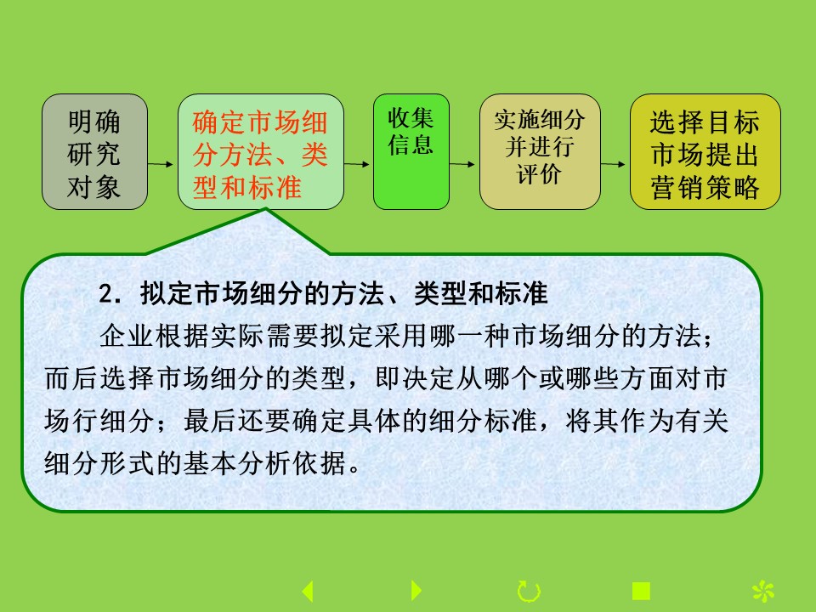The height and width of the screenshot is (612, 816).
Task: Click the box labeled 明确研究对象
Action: click(94, 151)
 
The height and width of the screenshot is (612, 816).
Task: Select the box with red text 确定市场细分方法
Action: click(261, 151)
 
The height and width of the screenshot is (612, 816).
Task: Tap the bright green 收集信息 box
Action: click(411, 151)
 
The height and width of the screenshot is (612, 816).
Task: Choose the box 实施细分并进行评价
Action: click(540, 151)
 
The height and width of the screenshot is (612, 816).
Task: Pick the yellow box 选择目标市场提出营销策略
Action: click(705, 151)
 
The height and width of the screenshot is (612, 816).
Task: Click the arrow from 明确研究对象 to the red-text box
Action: click(161, 164)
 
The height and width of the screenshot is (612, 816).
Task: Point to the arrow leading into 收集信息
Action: click(357, 164)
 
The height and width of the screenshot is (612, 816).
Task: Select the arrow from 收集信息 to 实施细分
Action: click(462, 164)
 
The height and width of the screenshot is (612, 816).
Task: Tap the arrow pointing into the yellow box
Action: click(613, 164)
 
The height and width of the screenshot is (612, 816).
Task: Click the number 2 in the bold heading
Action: click(105, 295)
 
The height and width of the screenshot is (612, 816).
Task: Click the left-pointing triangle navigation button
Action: click(308, 591)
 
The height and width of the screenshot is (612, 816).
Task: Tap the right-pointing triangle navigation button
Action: click(416, 591)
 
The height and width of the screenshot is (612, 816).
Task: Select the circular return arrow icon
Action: click(529, 592)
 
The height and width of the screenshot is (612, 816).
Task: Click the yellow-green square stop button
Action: click(641, 592)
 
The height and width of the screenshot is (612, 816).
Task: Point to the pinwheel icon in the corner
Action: click(763, 592)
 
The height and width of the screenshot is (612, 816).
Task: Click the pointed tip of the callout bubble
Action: click(265, 209)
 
